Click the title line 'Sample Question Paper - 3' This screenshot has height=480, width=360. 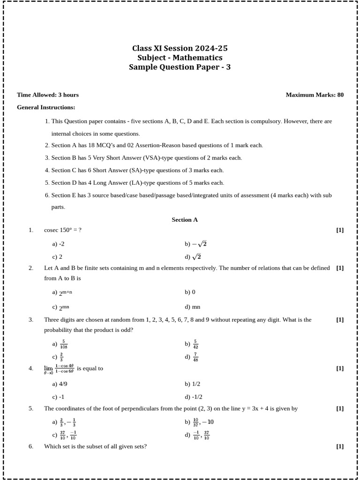tap(180, 67)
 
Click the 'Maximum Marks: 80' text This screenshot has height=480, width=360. tap(315, 95)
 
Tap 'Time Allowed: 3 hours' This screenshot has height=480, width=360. tap(48, 95)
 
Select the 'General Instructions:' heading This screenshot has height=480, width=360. tap(46, 107)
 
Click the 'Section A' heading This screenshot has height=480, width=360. tap(185, 219)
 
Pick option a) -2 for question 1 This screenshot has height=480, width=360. tap(59, 244)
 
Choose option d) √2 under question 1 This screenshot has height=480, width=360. tap(193, 256)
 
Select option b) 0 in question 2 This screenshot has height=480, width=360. tap(190, 292)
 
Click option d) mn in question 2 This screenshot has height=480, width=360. tap(192, 307)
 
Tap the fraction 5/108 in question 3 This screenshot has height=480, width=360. tap(63, 344)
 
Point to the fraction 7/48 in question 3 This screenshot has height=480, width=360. tap(195, 357)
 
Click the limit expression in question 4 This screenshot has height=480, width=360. tap(59, 369)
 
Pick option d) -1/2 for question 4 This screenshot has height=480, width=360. tap(194, 397)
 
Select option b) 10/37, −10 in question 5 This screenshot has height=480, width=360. tap(199, 422)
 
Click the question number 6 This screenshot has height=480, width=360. tap(31, 446)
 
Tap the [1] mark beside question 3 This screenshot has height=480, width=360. tap(340, 320)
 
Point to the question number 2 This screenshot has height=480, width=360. tap(31, 268)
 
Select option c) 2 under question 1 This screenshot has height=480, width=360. tap(57, 257)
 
